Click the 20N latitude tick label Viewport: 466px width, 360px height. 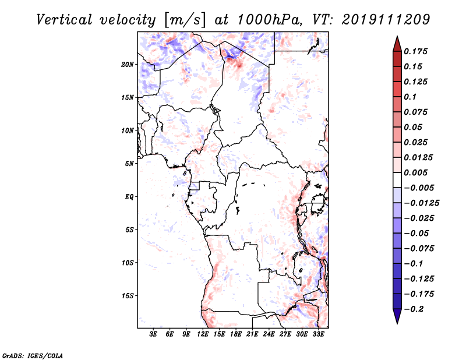[x=128, y=65]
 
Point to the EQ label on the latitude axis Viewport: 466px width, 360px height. [x=129, y=197]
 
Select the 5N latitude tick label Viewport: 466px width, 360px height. [x=129, y=164]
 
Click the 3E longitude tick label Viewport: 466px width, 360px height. [x=153, y=334]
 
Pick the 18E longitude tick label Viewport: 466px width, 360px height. [x=236, y=334]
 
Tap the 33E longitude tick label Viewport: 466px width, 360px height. [x=318, y=334]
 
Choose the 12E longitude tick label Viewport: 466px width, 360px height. [x=203, y=334]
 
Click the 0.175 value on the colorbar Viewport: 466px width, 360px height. [x=415, y=51]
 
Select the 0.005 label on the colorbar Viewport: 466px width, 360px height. [x=415, y=172]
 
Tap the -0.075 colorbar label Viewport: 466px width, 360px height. [x=419, y=249]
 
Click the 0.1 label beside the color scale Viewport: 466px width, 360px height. [x=410, y=97]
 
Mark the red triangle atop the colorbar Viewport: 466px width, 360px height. [x=397, y=44]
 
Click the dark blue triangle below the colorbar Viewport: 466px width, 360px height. [x=397, y=316]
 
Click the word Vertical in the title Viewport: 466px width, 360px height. [x=64, y=20]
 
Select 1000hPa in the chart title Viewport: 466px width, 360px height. [x=269, y=20]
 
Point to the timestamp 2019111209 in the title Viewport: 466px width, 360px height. [x=386, y=20]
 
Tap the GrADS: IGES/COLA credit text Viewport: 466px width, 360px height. [x=33, y=356]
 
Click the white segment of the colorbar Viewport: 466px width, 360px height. [x=397, y=180]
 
